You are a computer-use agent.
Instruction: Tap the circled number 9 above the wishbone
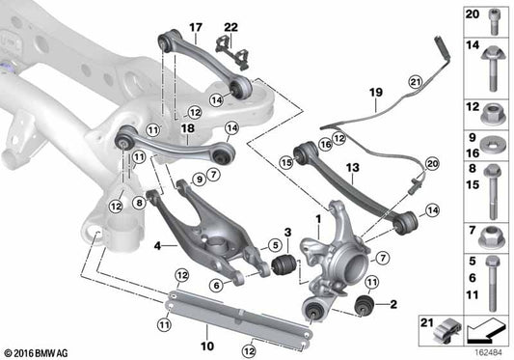(x=198, y=180)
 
